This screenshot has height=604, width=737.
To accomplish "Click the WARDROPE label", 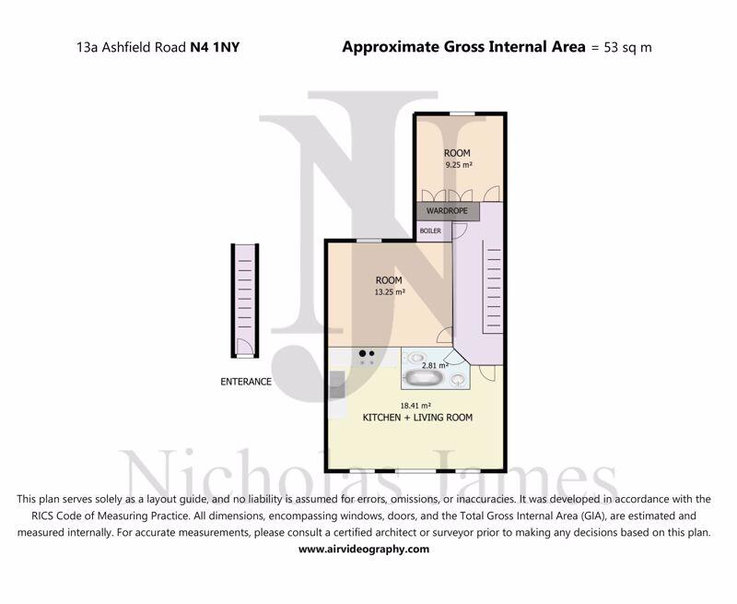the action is pyautogui.click(x=447, y=211).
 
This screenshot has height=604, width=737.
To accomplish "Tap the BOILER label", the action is pyautogui.click(x=430, y=231).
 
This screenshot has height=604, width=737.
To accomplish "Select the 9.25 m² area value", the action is pyautogui.click(x=459, y=165).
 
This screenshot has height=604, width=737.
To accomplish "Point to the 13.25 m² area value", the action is pyautogui.click(x=390, y=291).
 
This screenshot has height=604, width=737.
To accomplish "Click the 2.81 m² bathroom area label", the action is pyautogui.click(x=435, y=365).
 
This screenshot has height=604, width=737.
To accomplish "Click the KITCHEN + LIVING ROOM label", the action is pyautogui.click(x=417, y=417).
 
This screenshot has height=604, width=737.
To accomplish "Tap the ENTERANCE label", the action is pyautogui.click(x=246, y=382).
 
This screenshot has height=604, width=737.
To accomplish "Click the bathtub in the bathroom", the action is pyautogui.click(x=426, y=378).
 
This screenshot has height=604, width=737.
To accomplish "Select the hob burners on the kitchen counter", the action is pyautogui.click(x=367, y=358).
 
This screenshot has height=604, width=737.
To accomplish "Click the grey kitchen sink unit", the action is pyautogui.click(x=337, y=385).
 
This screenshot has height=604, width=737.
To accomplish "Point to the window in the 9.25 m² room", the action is pyautogui.click(x=462, y=113).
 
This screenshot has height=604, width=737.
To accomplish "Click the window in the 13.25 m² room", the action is pyautogui.click(x=369, y=241).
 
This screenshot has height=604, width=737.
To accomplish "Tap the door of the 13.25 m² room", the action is pyautogui.click(x=445, y=335).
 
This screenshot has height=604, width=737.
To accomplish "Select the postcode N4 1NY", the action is pyautogui.click(x=215, y=47).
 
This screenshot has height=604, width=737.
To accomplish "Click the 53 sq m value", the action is pyautogui.click(x=627, y=48).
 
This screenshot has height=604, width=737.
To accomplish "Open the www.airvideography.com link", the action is pyautogui.click(x=364, y=549).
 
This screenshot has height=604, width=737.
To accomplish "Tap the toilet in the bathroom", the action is pyautogui.click(x=457, y=380).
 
